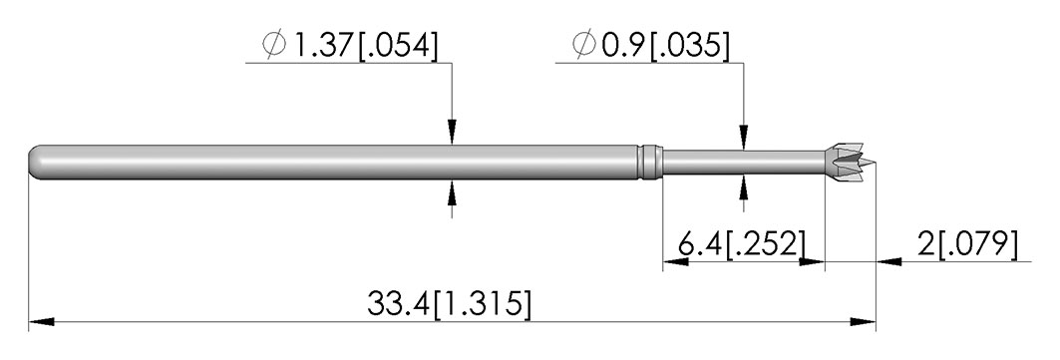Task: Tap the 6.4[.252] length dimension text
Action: pos(742,243)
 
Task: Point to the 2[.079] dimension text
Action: pos(967,243)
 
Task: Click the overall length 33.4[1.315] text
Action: pos(449,303)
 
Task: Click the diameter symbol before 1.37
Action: pos(274,45)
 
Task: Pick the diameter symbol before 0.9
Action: pos(583,45)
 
